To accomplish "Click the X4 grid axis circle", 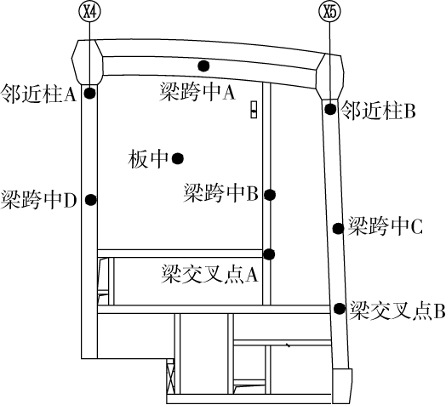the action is point(89,13).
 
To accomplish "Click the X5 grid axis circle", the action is point(329,13).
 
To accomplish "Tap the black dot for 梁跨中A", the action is point(203,66).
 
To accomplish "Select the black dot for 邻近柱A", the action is point(90,93).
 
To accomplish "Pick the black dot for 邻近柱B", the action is point(329,109).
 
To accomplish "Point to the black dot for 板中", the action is point(178,158).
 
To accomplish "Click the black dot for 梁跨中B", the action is point(269,195).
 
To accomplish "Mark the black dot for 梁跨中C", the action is point(338,228).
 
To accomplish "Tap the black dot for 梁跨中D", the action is point(91,200).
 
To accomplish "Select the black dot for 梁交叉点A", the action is point(269,254).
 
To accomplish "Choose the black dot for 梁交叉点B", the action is point(340,308).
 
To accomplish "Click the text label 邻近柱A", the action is point(38,94).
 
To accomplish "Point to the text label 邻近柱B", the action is point(378,111).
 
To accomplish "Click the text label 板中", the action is point(148,159).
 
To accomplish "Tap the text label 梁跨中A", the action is point(197,92).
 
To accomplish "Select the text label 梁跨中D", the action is point(38,200).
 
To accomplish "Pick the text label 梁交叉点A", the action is point(209,274).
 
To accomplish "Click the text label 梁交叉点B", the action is point(397,310).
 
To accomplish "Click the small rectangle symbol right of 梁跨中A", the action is point(254,109).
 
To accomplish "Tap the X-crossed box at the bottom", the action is point(170,376).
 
